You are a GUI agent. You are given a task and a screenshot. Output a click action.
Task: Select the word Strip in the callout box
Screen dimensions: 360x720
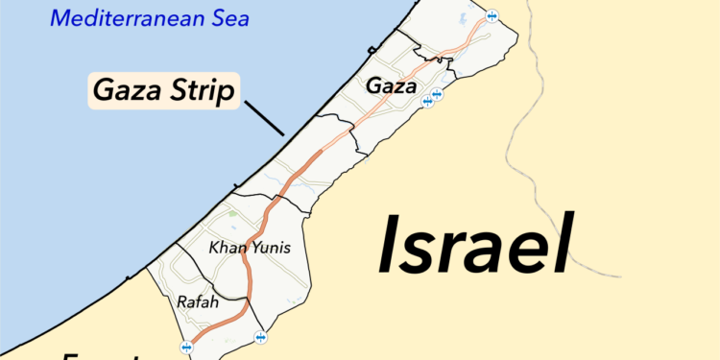point(198,91)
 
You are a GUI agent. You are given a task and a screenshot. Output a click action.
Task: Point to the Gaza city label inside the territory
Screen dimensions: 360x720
point(392,86)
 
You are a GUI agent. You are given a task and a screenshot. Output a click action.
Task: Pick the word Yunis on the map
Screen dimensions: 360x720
point(270,249)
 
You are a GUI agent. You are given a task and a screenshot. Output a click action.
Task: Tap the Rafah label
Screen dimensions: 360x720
point(198,302)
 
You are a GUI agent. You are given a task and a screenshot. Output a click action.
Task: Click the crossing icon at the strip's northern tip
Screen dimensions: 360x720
point(492,15)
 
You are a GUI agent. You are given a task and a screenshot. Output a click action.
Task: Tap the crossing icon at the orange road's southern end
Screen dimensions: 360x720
point(185,347)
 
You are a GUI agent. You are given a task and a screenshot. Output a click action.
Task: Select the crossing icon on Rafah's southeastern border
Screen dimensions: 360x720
point(260,337)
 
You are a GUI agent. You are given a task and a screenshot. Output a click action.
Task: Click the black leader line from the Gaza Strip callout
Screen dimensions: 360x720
point(264,121)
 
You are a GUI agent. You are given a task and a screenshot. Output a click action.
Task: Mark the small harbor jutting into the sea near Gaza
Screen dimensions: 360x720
point(372,51)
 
